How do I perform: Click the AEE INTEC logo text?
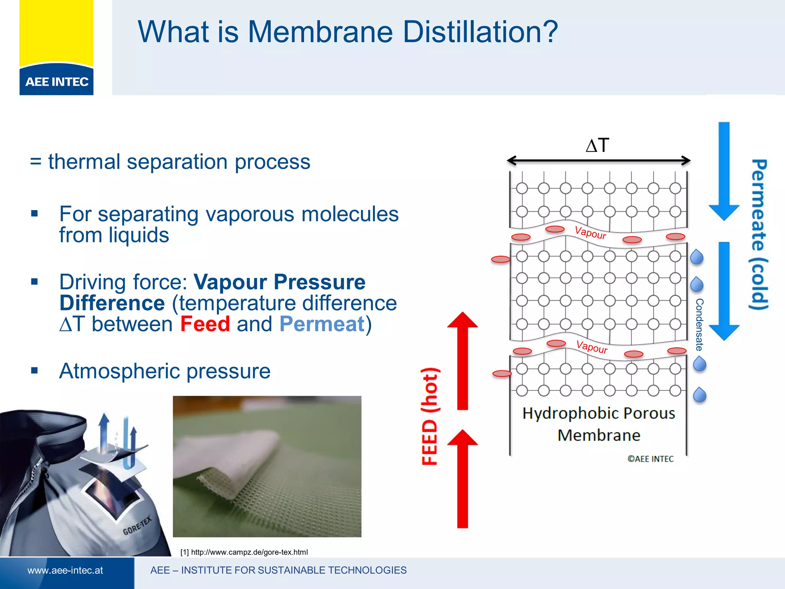tap(57, 82)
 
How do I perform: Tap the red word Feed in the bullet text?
tap(205, 324)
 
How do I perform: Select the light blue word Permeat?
tap(322, 324)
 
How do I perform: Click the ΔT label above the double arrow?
tap(597, 145)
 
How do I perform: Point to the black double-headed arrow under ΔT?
tap(598, 161)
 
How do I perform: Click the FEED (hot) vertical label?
tap(430, 416)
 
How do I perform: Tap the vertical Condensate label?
tap(700, 324)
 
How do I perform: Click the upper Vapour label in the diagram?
tap(590, 233)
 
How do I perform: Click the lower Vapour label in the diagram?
tap(592, 347)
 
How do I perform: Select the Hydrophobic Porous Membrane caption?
tap(599, 424)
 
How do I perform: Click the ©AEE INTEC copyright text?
tap(650, 459)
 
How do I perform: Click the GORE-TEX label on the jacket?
tap(137, 526)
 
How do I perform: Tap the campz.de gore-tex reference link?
tap(244, 552)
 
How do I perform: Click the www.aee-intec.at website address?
tap(65, 571)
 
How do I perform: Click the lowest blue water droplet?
tap(700, 395)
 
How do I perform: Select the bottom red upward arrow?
tap(463, 479)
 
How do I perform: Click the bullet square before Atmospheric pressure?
tap(34, 370)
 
